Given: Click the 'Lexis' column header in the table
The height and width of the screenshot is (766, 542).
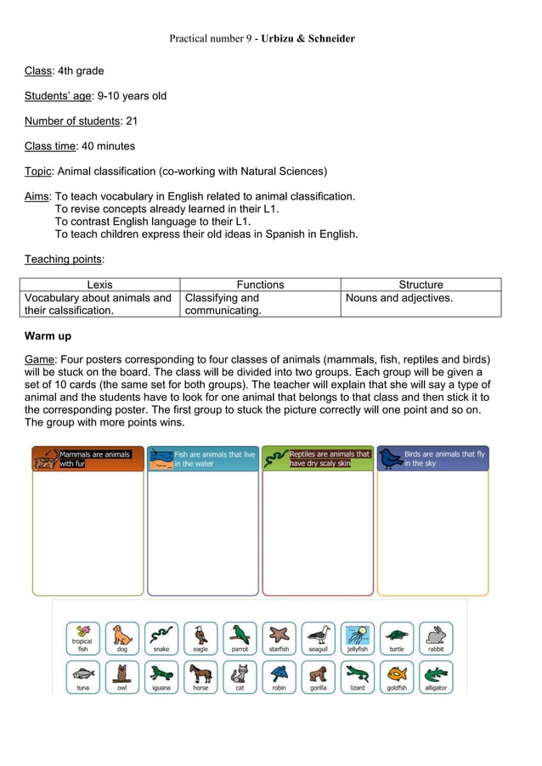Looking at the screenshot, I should click(99, 284).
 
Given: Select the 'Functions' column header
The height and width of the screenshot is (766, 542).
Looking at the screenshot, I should click(260, 284).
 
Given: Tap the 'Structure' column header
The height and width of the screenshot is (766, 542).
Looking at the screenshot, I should click(421, 284).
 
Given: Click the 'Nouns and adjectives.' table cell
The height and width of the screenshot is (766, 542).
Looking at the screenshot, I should click(398, 298).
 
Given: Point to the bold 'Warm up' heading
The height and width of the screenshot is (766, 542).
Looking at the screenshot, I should click(48, 336).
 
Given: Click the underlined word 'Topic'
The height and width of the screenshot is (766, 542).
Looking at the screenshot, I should click(38, 171).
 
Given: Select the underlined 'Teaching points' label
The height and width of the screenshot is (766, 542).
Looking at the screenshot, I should click(64, 259).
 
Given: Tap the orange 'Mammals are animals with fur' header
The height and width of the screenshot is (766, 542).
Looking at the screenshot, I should click(88, 459).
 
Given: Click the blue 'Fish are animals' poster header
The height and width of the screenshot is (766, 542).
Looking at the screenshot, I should click(202, 459).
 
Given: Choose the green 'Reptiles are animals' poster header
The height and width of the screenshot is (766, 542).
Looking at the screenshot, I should click(317, 459).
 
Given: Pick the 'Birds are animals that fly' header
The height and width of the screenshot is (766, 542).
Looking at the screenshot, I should click(432, 459).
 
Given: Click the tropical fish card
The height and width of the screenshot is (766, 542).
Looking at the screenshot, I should click(83, 639).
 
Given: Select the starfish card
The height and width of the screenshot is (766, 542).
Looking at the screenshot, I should click(279, 639).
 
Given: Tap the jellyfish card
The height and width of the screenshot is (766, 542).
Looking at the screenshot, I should click(358, 639).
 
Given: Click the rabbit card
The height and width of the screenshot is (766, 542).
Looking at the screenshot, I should click(436, 639).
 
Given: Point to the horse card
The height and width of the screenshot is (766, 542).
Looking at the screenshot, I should click(200, 678).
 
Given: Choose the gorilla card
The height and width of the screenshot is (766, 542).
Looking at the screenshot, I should click(318, 678).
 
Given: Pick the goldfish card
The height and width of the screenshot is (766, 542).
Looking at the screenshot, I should click(397, 678).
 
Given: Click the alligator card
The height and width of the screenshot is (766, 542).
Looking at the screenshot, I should click(436, 678).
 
